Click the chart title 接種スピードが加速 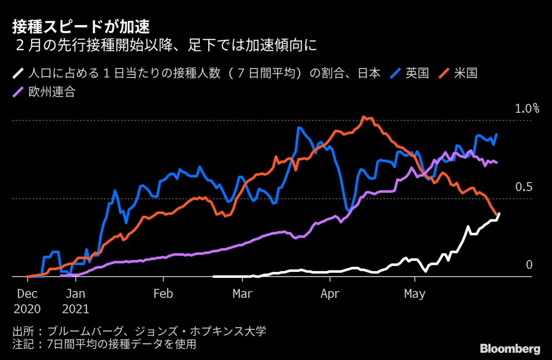(x=81, y=26)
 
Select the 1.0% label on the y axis (x=526, y=108)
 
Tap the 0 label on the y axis (x=529, y=265)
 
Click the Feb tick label (x=163, y=294)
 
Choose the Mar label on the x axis (x=242, y=294)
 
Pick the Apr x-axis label (x=330, y=294)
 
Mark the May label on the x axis (x=415, y=294)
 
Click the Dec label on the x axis (x=28, y=294)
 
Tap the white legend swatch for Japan (x=18, y=74)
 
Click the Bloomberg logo (x=510, y=349)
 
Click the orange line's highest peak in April (x=365, y=117)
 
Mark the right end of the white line (x=499, y=213)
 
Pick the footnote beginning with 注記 (x=104, y=344)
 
